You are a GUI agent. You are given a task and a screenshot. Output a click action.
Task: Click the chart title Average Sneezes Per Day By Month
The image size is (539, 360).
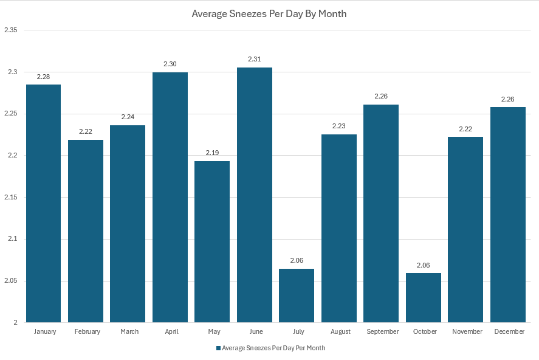(x=269, y=13)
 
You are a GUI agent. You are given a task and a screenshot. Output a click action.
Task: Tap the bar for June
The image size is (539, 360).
(x=254, y=195)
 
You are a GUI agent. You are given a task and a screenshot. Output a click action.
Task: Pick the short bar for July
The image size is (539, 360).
(x=297, y=296)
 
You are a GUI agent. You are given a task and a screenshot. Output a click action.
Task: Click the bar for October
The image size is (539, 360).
(x=424, y=297)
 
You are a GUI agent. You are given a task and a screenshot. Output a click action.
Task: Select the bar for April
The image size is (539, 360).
(x=170, y=198)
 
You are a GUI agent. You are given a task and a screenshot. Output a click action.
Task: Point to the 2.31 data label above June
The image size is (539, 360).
(x=254, y=59)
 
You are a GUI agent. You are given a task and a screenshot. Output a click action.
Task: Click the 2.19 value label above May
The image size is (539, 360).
(x=212, y=153)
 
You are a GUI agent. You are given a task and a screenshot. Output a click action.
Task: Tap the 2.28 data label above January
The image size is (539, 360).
(x=43, y=77)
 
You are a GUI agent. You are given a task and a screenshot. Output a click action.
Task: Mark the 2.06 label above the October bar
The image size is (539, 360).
(x=424, y=265)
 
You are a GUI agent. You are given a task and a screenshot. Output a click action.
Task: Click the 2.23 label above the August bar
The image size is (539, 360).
(x=338, y=126)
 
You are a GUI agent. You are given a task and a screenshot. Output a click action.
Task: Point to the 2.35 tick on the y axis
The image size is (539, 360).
(x=10, y=30)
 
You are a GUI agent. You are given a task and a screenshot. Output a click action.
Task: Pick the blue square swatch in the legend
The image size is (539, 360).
(x=218, y=348)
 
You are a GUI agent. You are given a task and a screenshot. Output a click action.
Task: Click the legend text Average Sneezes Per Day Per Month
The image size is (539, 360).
(x=273, y=348)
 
